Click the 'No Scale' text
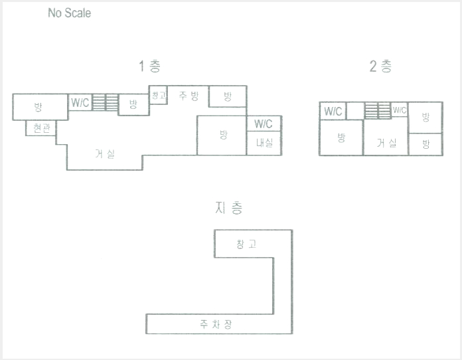[x=70, y=13]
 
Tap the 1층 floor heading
[x=149, y=66]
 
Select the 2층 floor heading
[x=380, y=66]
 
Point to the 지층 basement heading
[x=229, y=208]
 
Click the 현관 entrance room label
[x=42, y=128]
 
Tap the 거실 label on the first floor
[x=105, y=153]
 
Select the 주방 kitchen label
[x=189, y=96]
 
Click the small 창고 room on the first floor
[x=159, y=95]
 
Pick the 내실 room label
[x=264, y=143]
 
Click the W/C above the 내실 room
[x=263, y=124]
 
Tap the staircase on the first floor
[x=105, y=102]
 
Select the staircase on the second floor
[x=378, y=110]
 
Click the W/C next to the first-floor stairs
[x=80, y=102]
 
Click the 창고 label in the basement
[x=246, y=244]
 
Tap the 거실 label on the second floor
[x=386, y=143]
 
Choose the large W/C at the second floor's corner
[x=333, y=111]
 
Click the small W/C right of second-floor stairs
[x=400, y=110]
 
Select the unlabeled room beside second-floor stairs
[x=355, y=111]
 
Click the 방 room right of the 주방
[x=228, y=96]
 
